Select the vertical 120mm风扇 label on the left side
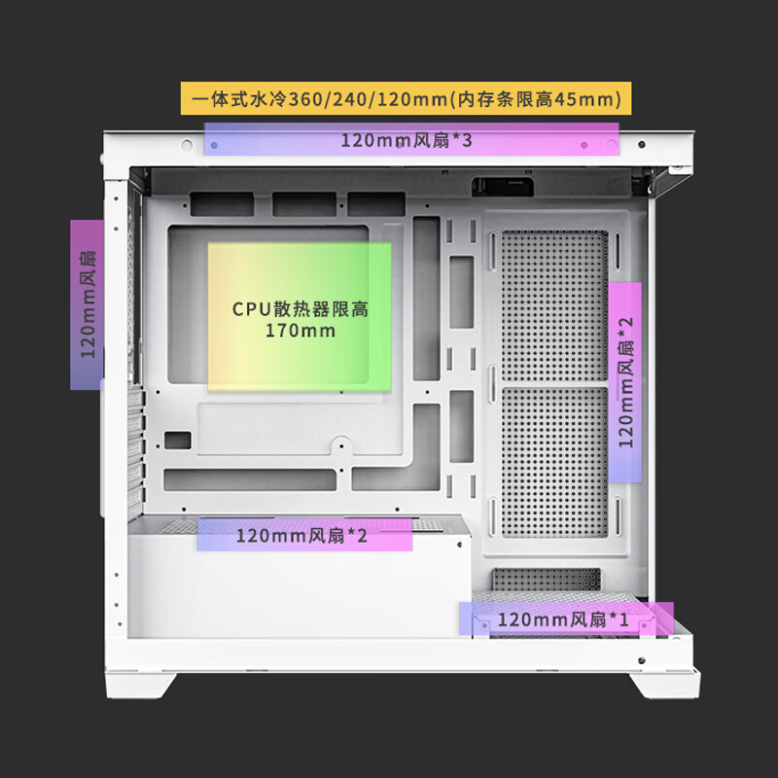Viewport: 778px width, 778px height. point(87,304)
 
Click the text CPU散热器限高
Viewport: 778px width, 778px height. point(300,309)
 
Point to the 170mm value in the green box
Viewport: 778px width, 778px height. point(300,332)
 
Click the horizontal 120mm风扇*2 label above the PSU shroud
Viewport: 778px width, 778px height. point(303,535)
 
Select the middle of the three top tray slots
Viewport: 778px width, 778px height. point(301,203)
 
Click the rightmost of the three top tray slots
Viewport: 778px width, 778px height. point(374,203)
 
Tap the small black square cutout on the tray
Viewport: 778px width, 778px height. point(178,441)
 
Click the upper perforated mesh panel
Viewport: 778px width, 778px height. point(552,303)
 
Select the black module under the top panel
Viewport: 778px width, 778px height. point(499,185)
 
